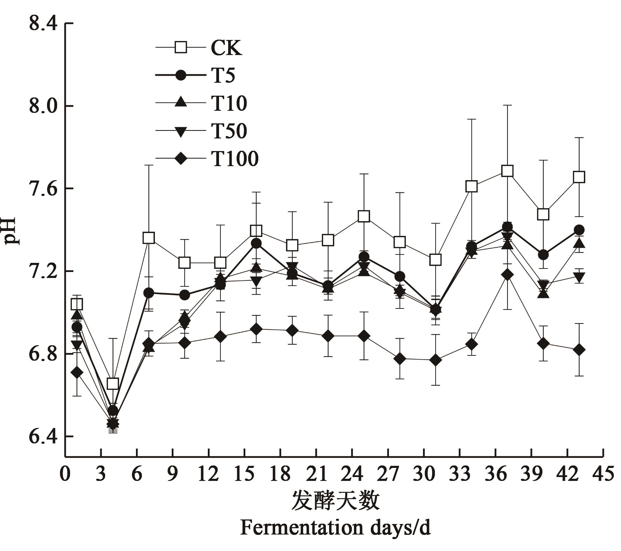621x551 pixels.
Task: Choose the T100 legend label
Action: coord(235,158)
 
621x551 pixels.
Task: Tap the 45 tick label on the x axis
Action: coord(603,474)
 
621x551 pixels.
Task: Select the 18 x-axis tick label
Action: coord(280,474)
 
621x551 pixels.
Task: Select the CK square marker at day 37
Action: coord(507,171)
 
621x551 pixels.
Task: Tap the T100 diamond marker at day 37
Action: coord(507,275)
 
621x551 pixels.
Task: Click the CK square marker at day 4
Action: coord(112,383)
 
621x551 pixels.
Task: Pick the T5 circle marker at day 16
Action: coord(256,243)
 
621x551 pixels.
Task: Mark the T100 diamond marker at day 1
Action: coord(77,372)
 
